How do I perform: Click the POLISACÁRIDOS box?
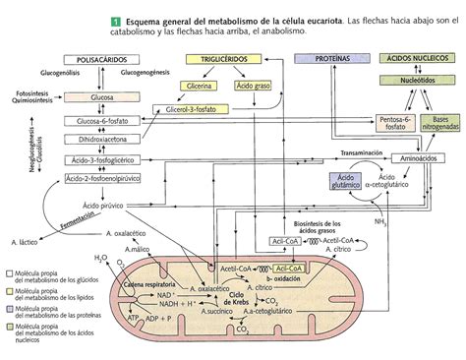coord(100,60)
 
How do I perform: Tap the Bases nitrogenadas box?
coord(439,121)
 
